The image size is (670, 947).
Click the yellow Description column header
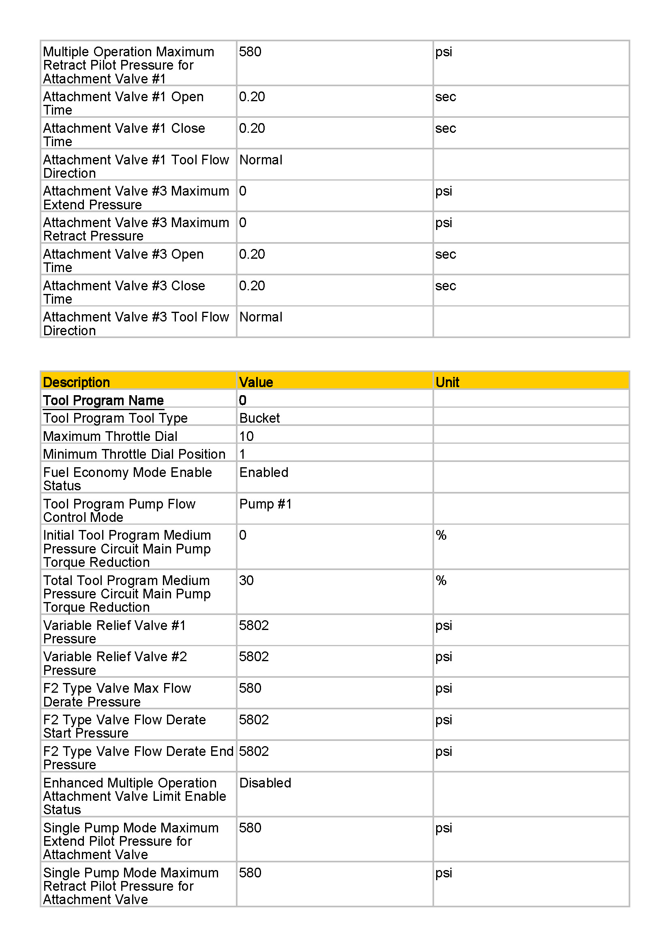click(x=76, y=382)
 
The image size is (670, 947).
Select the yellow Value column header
click(x=256, y=382)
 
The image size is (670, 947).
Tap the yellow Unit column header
click(x=447, y=382)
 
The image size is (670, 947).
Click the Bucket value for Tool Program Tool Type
click(x=259, y=418)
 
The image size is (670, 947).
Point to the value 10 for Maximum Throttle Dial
click(x=246, y=436)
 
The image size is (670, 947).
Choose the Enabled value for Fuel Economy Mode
click(x=264, y=472)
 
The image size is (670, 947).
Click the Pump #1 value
click(x=265, y=504)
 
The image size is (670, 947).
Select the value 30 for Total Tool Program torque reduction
click(x=246, y=581)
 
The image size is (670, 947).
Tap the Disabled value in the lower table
click(x=265, y=783)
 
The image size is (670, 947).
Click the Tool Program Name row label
click(x=103, y=400)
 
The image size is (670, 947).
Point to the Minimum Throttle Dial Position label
click(x=134, y=454)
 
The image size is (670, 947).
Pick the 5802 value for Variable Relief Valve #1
click(x=254, y=626)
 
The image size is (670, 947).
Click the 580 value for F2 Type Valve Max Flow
click(x=250, y=688)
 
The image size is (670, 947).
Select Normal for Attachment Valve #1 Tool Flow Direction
click(x=261, y=160)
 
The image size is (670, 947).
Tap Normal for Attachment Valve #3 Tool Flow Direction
click(x=261, y=317)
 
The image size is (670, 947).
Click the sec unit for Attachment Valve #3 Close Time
click(x=445, y=286)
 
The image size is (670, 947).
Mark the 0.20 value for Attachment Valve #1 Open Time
click(x=252, y=97)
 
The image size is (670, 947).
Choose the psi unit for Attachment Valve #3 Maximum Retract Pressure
click(x=444, y=223)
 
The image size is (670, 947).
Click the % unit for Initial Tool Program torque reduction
click(x=441, y=535)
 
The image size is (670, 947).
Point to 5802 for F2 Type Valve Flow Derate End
click(x=254, y=751)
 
